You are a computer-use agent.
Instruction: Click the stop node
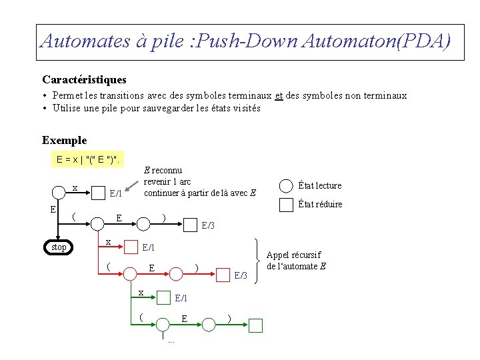point(59,247)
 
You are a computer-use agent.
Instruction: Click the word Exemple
point(64,140)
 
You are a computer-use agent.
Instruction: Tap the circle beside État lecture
point(286,186)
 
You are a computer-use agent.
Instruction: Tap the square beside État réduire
point(286,204)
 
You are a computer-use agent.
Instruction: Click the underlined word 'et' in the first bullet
point(279,95)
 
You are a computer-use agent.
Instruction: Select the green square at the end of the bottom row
point(256,325)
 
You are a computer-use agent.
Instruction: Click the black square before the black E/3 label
point(191,225)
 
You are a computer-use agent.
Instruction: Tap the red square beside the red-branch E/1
point(131,247)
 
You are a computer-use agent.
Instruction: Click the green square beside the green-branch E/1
point(163,298)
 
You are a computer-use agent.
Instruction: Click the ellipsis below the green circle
point(171,341)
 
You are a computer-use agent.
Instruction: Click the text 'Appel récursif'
point(293,255)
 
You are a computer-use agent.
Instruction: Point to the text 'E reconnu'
point(163,170)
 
